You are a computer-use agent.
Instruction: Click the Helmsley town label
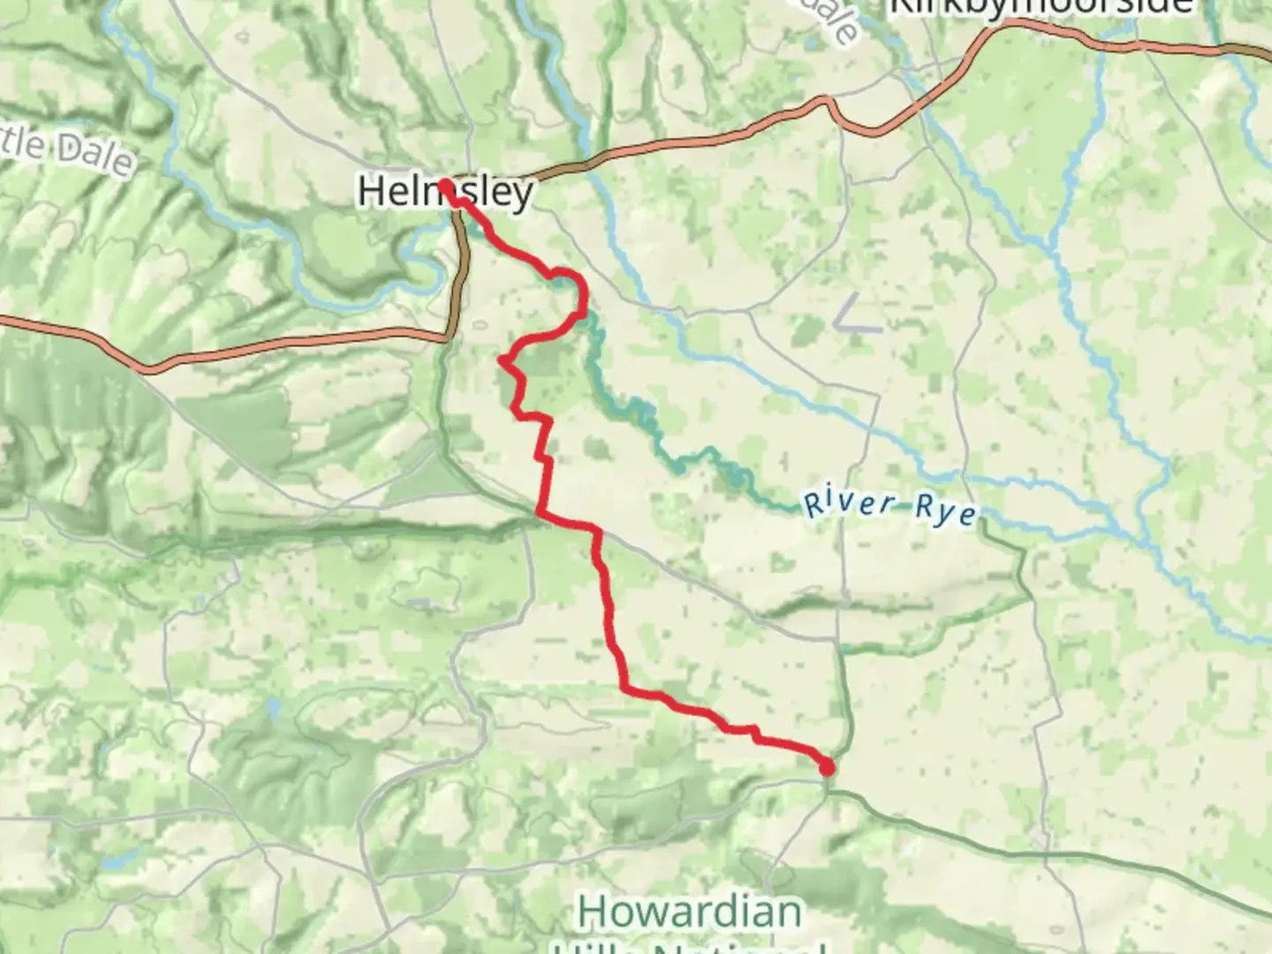coord(445,191)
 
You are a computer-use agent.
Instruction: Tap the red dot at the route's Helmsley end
coord(445,185)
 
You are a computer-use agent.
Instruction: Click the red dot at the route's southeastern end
coord(827,768)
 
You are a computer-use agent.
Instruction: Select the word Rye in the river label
coord(945,510)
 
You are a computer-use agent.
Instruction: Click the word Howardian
coord(690,912)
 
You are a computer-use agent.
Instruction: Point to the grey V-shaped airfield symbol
coord(855,315)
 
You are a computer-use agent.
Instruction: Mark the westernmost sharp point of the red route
coord(501,360)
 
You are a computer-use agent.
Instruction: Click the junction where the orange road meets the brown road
coord(449,336)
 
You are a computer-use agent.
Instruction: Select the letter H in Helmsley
coord(371,192)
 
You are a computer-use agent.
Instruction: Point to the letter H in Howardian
coord(593,912)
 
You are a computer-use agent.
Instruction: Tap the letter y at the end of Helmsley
coord(522,196)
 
